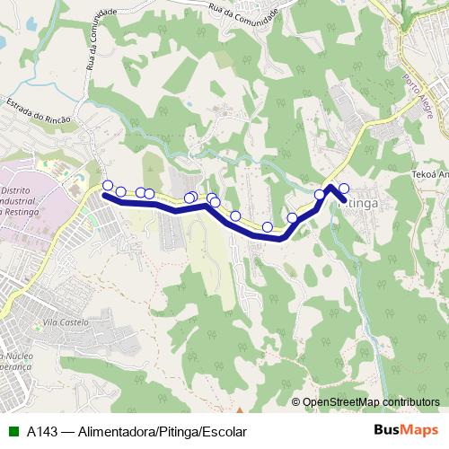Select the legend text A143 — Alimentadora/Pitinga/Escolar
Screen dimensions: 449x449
tap(136, 432)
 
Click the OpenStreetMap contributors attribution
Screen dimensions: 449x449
tap(371, 402)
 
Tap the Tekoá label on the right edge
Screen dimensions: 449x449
tap(430, 177)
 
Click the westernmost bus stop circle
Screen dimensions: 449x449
tap(108, 186)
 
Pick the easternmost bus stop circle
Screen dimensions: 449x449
tap(344, 189)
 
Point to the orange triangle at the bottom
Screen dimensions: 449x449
tap(240, 396)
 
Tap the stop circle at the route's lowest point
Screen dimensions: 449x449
tap(267, 228)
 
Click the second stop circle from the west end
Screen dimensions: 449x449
tap(120, 192)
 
